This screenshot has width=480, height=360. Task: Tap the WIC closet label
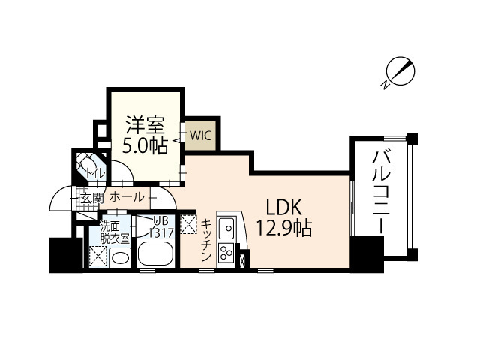199,136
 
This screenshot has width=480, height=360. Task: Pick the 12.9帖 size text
282,227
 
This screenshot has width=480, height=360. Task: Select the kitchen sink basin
226,227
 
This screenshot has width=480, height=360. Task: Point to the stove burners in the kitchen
225,253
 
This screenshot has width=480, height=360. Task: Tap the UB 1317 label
162,227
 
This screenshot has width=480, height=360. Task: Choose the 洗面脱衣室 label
115,231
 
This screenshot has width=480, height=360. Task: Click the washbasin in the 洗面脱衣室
119,257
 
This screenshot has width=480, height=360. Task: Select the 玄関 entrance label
92,198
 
